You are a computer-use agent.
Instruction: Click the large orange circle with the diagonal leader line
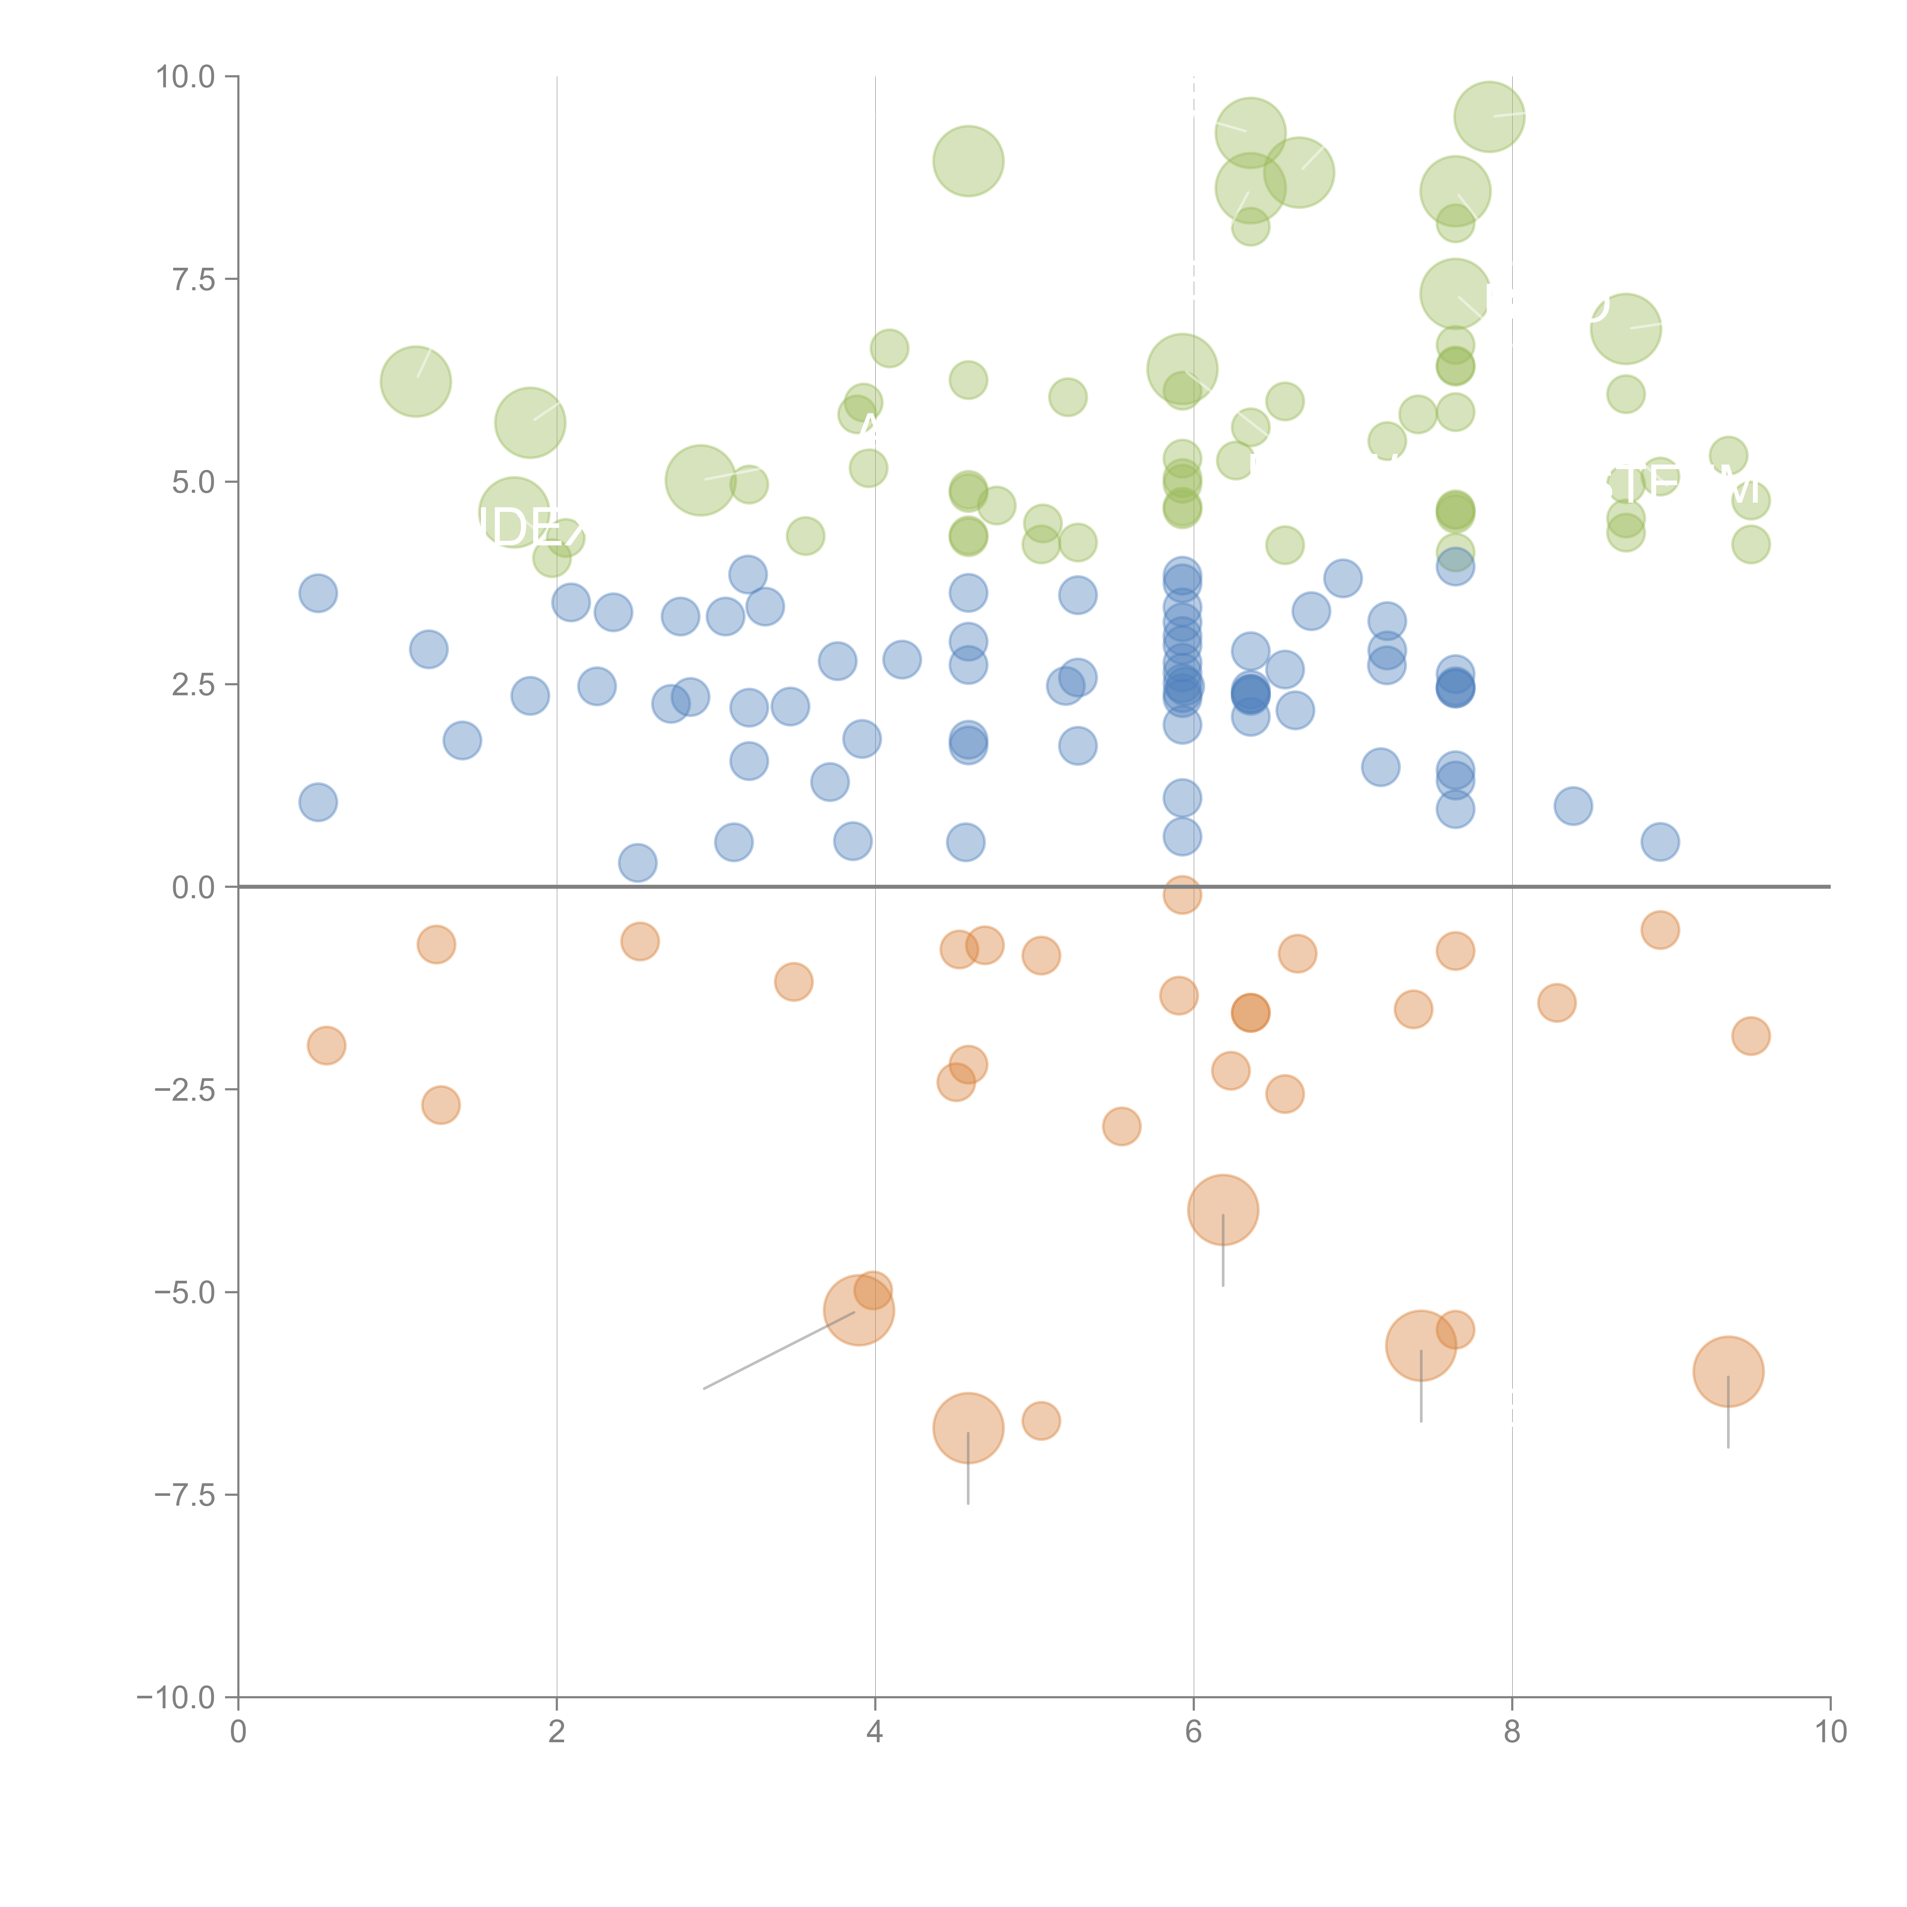pos(859,1310)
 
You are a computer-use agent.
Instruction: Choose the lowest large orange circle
pos(968,1427)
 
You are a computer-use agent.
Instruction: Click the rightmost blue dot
pos(1660,842)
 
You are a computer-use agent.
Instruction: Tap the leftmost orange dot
pos(327,1045)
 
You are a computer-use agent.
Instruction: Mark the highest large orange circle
pos(1223,1210)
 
